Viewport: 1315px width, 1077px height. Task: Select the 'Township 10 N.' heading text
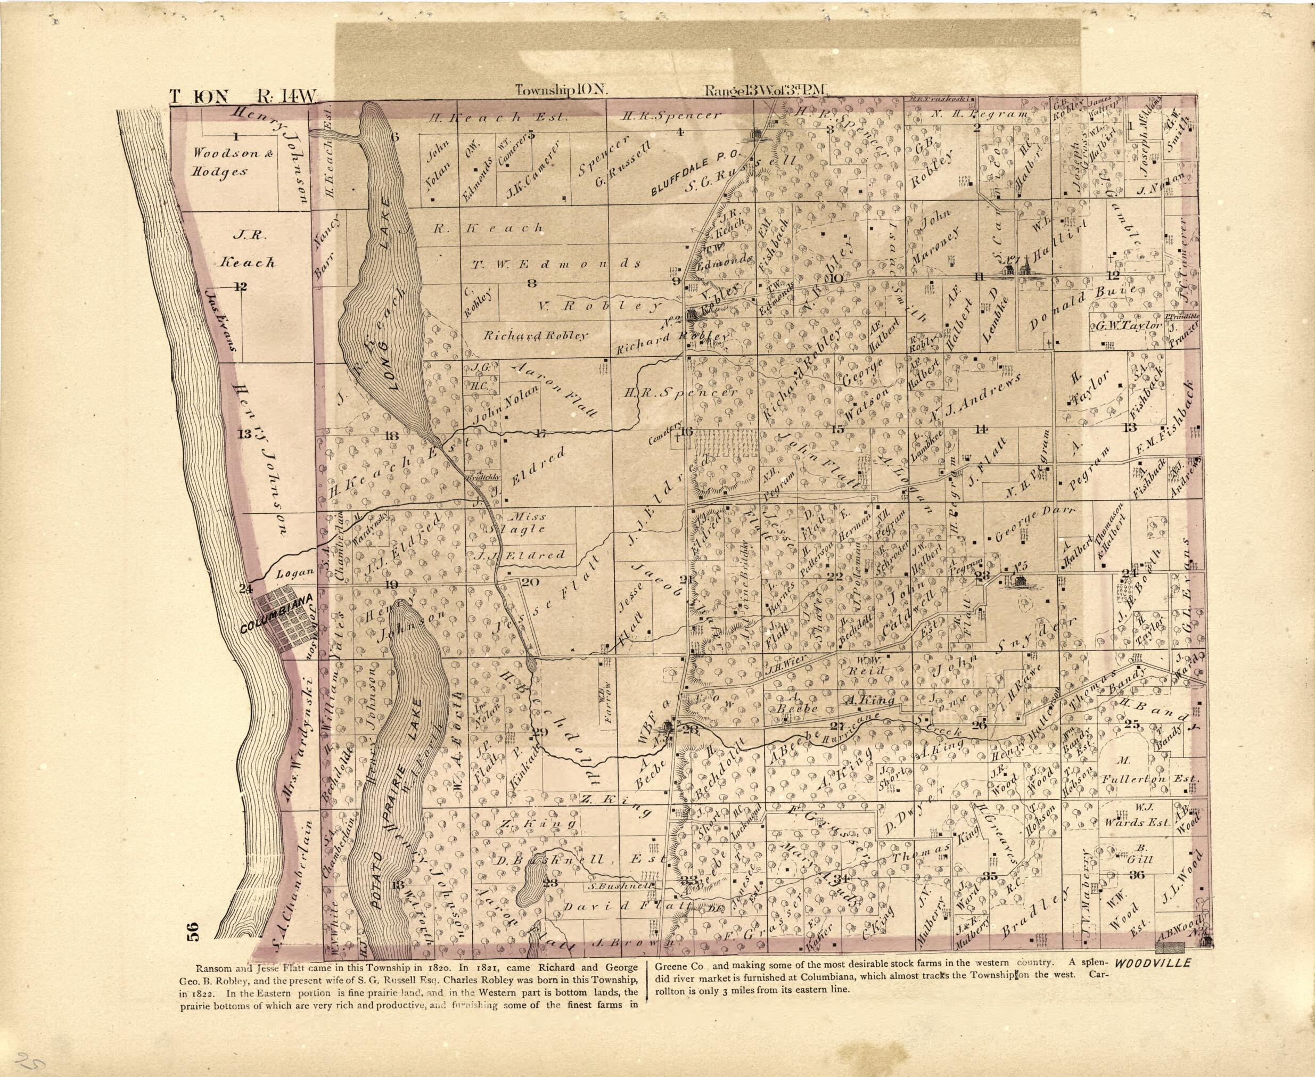pos(562,91)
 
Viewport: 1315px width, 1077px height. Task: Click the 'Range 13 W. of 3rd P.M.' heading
pos(766,91)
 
